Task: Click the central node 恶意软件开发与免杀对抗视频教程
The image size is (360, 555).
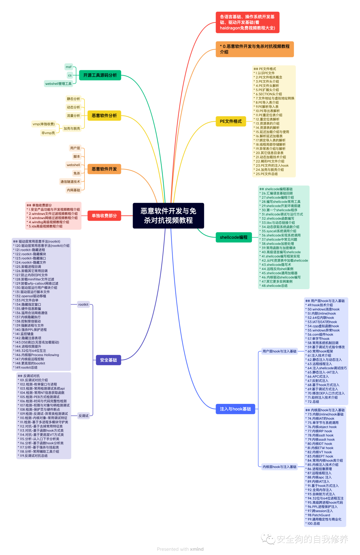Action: (168, 215)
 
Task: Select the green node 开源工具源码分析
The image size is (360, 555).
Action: (100, 75)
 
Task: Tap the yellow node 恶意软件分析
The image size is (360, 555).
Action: (104, 116)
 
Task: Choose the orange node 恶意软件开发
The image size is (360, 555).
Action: (104, 169)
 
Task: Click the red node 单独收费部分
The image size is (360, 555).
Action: (104, 216)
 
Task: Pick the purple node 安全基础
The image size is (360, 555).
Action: (108, 360)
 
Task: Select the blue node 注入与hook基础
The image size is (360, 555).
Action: (235, 409)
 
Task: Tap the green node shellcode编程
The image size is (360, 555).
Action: (234, 237)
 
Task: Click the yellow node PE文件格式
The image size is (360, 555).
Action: (231, 121)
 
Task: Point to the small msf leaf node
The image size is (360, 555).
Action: (69, 67)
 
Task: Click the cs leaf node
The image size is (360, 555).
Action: (70, 75)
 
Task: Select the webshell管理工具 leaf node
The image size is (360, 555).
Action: (58, 84)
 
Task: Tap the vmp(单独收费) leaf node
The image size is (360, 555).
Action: (44, 124)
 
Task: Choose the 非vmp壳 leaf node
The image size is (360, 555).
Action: (48, 133)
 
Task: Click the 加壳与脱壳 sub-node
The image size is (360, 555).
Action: (72, 128)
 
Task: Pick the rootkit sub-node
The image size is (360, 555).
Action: (83, 305)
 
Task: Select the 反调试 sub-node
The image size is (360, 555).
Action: (83, 416)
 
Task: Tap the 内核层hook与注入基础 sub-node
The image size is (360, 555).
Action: (279, 467)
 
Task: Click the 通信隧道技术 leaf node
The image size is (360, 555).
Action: (70, 182)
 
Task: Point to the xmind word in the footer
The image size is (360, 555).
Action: (197, 549)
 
